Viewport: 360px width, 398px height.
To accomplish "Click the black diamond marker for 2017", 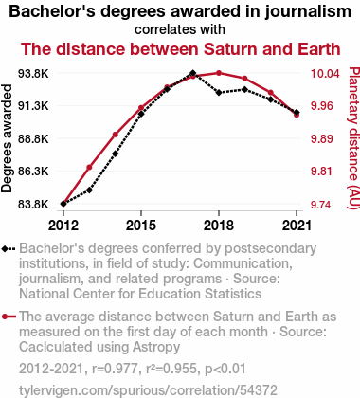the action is pos(193,73).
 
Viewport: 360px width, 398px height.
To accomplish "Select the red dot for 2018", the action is pos(219,73).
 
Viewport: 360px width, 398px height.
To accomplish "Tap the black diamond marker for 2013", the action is pos(89,190).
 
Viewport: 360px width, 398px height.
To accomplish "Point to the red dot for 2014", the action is pos(116,135).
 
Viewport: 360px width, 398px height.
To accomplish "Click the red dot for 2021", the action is pos(297,115).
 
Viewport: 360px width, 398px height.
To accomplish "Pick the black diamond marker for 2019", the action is pos(244,90).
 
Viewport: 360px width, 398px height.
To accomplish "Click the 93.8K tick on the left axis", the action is pos(33,74).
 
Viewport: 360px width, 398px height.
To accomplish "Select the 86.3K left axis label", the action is pos(33,172).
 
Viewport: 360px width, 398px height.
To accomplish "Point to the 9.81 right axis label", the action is pos(322,172).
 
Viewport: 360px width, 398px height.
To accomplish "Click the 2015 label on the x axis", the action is pos(141,226).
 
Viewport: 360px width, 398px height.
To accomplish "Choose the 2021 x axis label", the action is pos(297,226).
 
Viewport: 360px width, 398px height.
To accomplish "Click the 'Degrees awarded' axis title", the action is pos(7,138).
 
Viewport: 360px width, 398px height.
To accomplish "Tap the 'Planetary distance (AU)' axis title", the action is pos(353,138).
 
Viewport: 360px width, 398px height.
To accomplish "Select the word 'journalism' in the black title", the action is pos(308,11).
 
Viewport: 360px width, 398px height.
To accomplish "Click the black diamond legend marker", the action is pos(9,249).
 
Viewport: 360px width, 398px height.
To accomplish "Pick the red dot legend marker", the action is pos(9,317).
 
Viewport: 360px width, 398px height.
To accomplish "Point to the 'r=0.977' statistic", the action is pos(115,369).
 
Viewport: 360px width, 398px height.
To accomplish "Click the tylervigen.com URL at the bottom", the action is pos(148,390).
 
